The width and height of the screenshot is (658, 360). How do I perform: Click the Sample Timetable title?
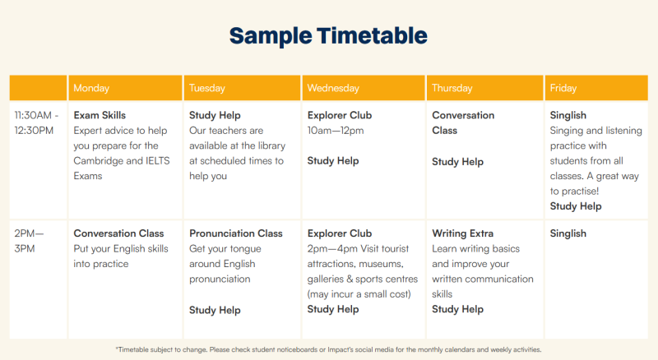click(328, 35)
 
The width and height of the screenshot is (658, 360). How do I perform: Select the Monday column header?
click(91, 88)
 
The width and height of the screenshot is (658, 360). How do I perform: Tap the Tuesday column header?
click(207, 88)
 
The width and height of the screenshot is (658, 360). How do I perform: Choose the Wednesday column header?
click(333, 88)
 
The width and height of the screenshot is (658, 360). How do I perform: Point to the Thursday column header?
click(452, 88)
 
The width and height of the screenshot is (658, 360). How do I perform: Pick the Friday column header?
click(563, 88)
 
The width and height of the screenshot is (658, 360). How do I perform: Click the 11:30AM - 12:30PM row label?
click(36, 122)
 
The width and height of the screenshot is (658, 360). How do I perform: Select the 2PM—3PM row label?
click(29, 241)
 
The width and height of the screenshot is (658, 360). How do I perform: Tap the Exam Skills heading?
click(100, 115)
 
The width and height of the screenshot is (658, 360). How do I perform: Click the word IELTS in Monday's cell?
click(158, 161)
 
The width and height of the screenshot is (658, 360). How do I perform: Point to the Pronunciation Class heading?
click(236, 233)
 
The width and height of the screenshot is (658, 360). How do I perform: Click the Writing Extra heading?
click(462, 233)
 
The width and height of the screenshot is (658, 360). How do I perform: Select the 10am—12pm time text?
click(336, 131)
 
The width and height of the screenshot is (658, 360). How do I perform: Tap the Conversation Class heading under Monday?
click(118, 233)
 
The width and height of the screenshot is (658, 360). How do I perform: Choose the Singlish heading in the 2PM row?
click(568, 233)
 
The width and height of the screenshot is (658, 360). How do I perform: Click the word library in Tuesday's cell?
click(271, 145)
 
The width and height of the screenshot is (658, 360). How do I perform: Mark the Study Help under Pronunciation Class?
click(215, 310)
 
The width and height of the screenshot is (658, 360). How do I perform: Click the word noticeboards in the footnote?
click(297, 349)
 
